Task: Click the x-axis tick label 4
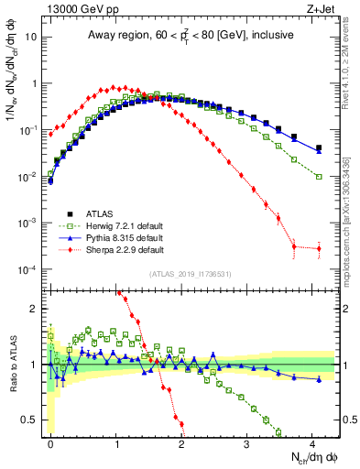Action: (311, 442)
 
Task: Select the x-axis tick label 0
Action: (50, 442)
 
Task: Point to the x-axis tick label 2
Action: (181, 442)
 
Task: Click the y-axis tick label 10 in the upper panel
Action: (31, 38)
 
